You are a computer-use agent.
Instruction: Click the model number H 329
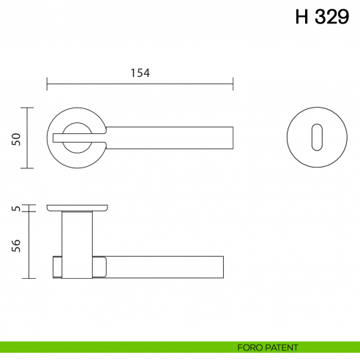point(322,18)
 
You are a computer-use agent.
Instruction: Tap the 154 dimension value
point(140,72)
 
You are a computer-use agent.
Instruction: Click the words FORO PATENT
point(268,347)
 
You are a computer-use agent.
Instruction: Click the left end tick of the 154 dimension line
point(48,84)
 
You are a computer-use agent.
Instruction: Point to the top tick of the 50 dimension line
point(28,108)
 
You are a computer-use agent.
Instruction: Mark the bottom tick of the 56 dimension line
point(28,279)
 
